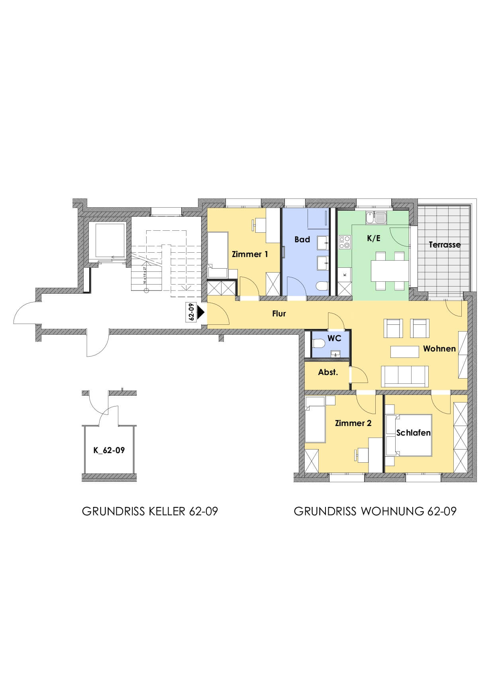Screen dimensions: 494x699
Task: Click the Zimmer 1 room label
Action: (x=250, y=254)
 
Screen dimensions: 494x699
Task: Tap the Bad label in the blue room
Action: (x=302, y=240)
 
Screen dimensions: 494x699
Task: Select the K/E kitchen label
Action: (x=374, y=238)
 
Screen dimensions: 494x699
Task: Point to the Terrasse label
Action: (x=445, y=245)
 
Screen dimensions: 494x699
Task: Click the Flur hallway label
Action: (x=279, y=314)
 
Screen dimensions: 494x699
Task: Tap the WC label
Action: (x=334, y=338)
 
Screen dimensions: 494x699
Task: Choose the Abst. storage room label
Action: (x=328, y=372)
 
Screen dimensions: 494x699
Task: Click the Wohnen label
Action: (x=439, y=349)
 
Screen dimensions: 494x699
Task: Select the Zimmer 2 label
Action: (x=353, y=423)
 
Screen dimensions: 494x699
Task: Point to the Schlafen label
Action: (x=414, y=433)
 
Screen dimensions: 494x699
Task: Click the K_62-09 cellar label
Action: (x=109, y=450)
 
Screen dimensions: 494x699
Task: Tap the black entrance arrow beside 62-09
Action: (x=201, y=312)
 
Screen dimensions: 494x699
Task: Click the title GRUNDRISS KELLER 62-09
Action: (x=150, y=511)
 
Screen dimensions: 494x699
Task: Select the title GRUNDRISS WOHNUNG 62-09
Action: (x=375, y=511)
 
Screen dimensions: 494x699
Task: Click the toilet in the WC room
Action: (x=319, y=344)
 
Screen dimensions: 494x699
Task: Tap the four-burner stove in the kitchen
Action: (x=345, y=242)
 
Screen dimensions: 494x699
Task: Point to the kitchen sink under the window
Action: (x=376, y=218)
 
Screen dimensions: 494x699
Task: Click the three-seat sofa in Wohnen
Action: (x=405, y=376)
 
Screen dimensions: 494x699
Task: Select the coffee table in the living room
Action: (x=404, y=351)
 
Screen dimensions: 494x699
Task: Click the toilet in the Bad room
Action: (x=322, y=286)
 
